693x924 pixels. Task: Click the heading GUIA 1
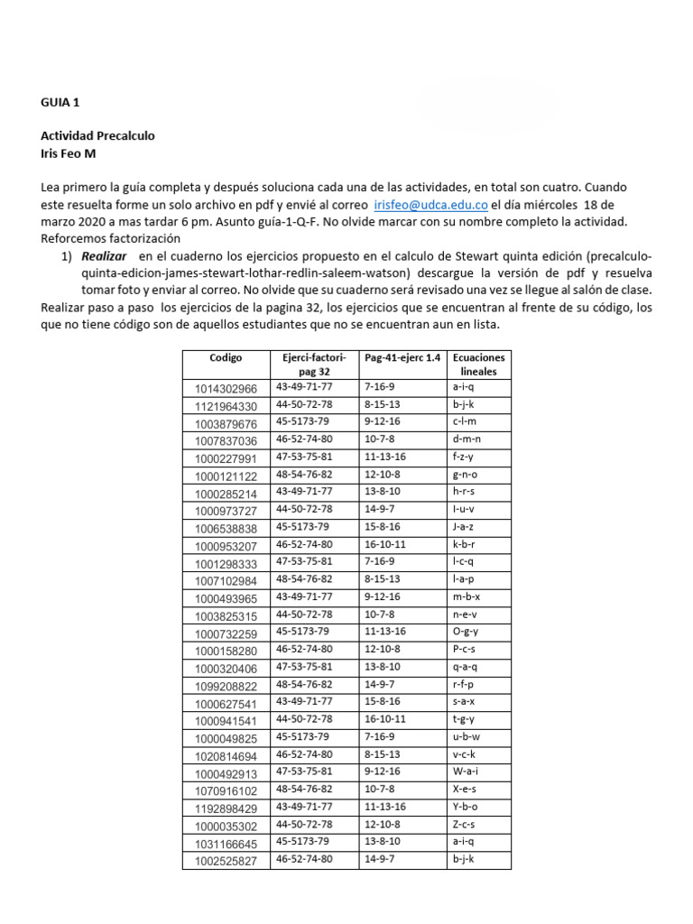60,103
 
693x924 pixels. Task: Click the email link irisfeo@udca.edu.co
430,205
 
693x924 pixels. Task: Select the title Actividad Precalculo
97,135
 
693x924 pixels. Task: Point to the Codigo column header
226,358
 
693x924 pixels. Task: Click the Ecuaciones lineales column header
478,365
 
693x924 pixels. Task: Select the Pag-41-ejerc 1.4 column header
402,358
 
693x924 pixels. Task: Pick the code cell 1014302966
226,388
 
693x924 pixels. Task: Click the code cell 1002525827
226,861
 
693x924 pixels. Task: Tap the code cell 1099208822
226,687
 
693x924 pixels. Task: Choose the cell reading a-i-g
464,387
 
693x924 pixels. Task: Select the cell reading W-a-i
465,772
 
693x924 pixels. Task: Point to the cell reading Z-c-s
464,825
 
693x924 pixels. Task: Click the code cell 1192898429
226,808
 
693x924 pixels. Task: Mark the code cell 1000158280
226,651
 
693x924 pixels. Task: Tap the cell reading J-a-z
464,527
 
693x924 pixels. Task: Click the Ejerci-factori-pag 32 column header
314,365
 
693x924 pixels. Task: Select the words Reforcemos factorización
111,239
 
